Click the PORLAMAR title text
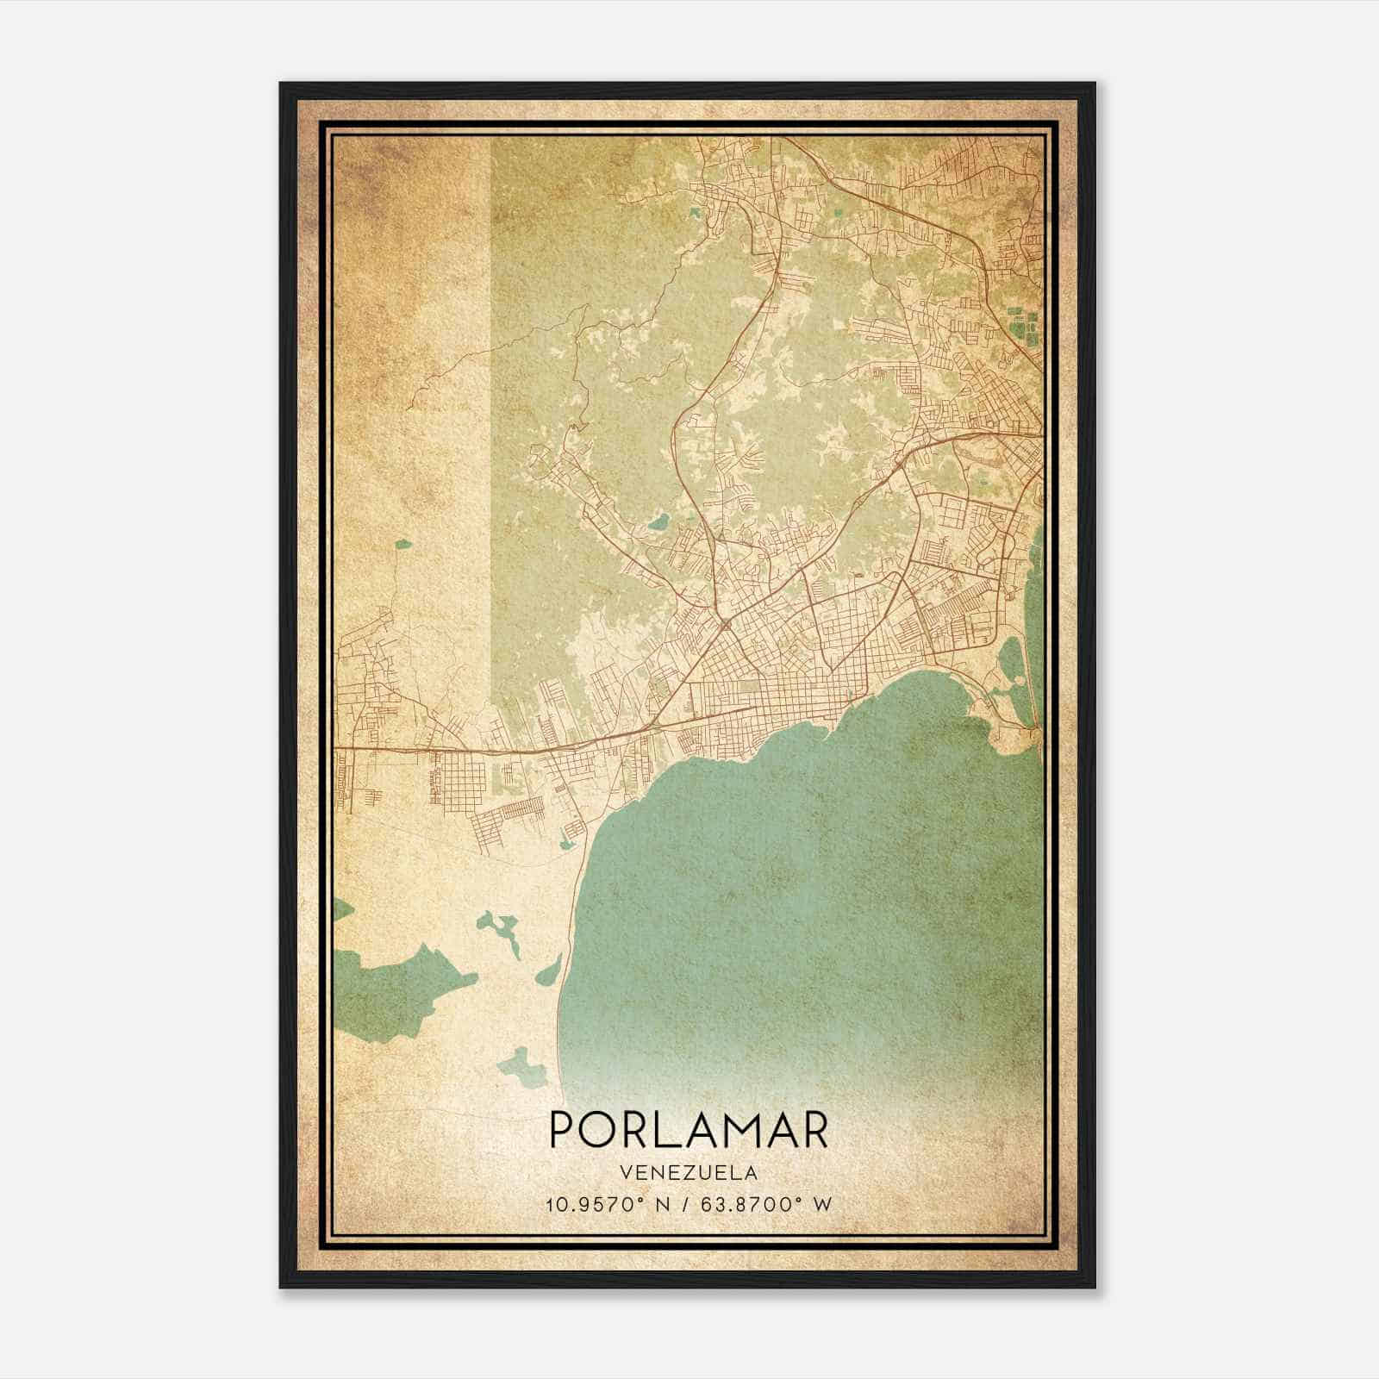tap(688, 1130)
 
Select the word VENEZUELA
tap(688, 1172)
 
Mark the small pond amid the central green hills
tap(658, 521)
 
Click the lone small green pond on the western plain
tap(402, 544)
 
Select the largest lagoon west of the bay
tap(396, 991)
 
